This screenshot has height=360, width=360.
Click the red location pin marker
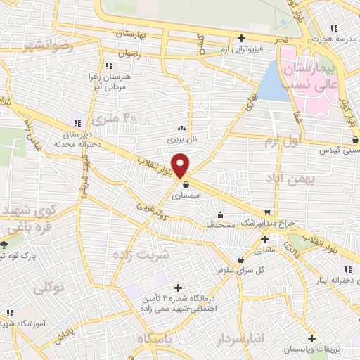[181, 165]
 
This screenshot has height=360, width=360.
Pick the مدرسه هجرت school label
[333, 38]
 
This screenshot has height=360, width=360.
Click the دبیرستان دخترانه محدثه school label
[73, 137]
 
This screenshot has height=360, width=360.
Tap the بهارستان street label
[134, 34]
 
